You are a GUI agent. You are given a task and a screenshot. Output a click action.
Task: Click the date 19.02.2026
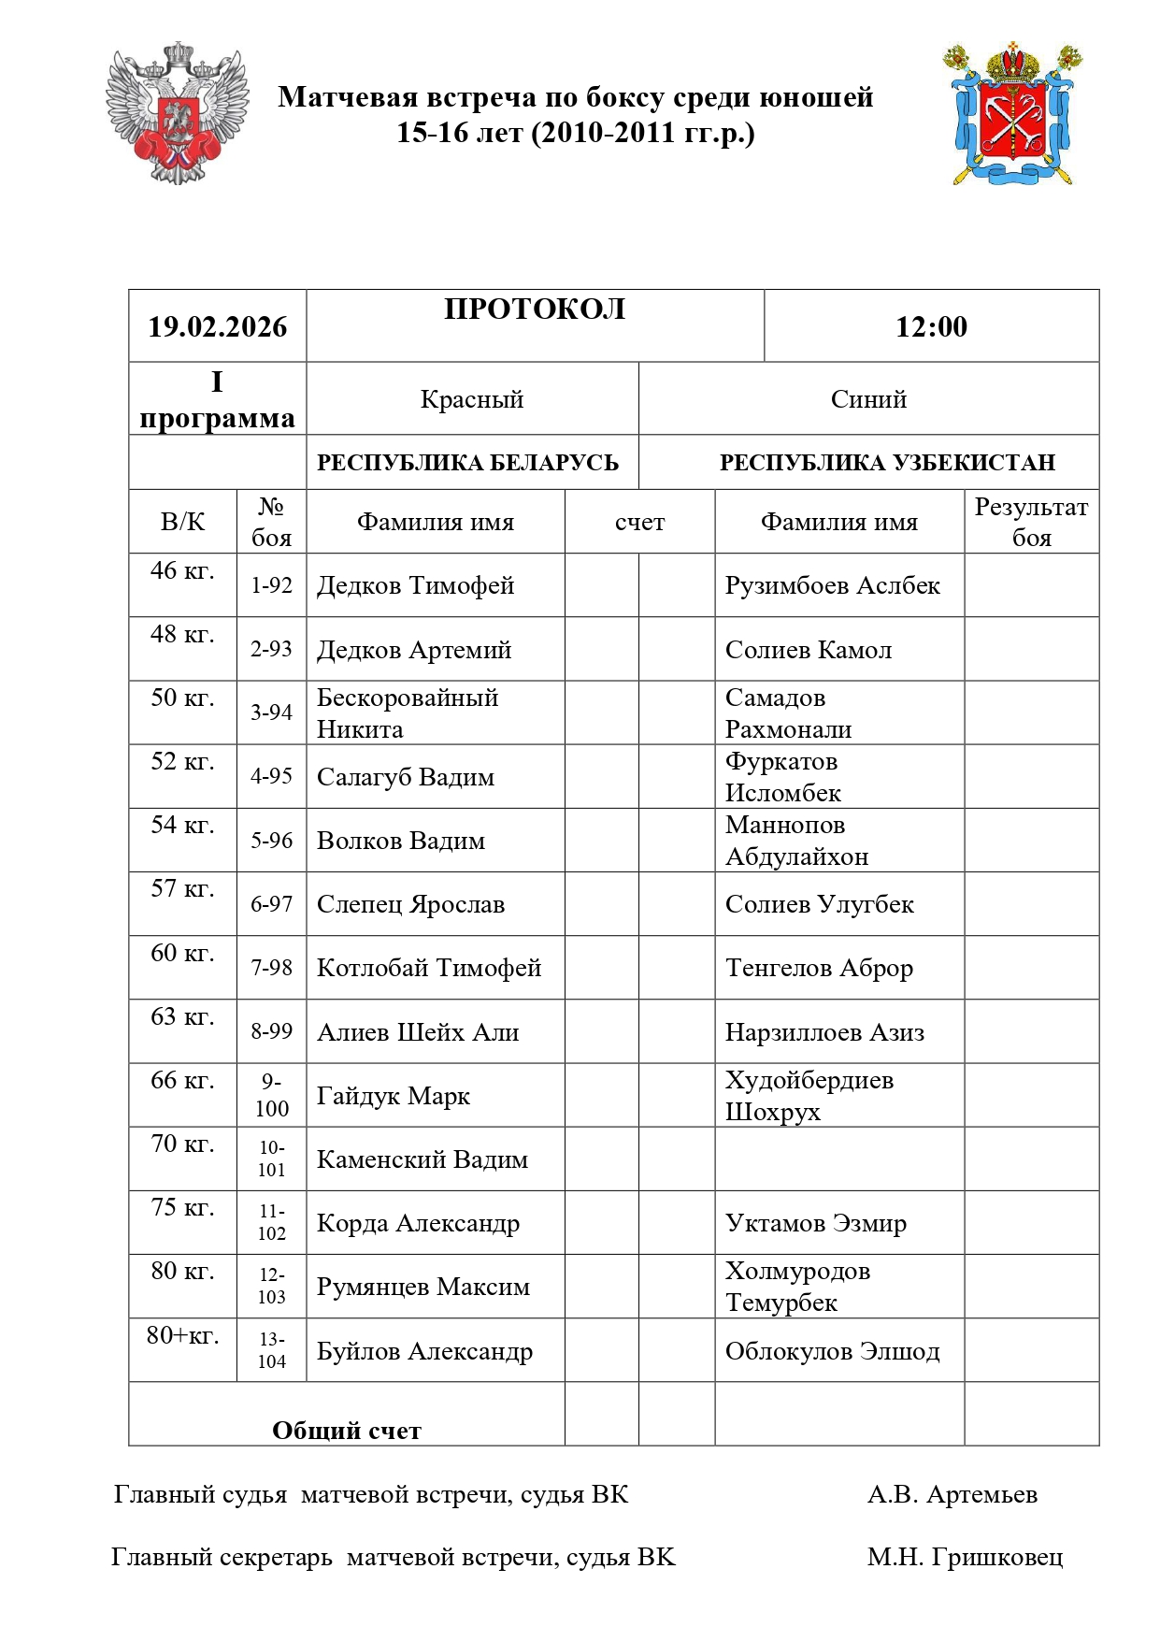217,326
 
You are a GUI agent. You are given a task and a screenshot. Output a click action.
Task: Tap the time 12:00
931,326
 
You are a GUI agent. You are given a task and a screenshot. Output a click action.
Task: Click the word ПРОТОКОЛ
535,309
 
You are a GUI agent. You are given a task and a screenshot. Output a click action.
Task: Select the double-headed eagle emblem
177,112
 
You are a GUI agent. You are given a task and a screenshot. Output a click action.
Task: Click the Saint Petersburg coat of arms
1013,113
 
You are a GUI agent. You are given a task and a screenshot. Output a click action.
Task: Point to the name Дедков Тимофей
416,585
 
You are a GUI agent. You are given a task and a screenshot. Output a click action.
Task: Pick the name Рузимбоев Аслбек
832,585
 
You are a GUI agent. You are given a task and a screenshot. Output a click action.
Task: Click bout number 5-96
271,840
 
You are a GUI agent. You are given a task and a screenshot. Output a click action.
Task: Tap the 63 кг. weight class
182,1016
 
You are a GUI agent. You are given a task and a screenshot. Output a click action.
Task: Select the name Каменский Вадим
422,1159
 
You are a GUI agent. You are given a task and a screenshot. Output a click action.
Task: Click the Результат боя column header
1031,522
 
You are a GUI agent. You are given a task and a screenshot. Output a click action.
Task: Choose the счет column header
639,522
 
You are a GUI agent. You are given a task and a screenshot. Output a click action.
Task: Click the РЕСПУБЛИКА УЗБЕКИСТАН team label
887,463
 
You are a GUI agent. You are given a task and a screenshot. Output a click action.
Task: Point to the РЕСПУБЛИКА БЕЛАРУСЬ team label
467,463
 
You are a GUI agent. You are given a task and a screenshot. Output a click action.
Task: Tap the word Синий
868,399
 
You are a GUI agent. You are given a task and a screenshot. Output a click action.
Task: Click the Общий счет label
347,1431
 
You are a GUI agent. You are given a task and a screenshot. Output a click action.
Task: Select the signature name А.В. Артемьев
952,1494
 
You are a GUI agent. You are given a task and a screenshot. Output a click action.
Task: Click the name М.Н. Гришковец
965,1557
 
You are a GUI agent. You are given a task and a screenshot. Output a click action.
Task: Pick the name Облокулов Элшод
832,1351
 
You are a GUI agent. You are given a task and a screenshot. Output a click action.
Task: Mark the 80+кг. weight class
182,1335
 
